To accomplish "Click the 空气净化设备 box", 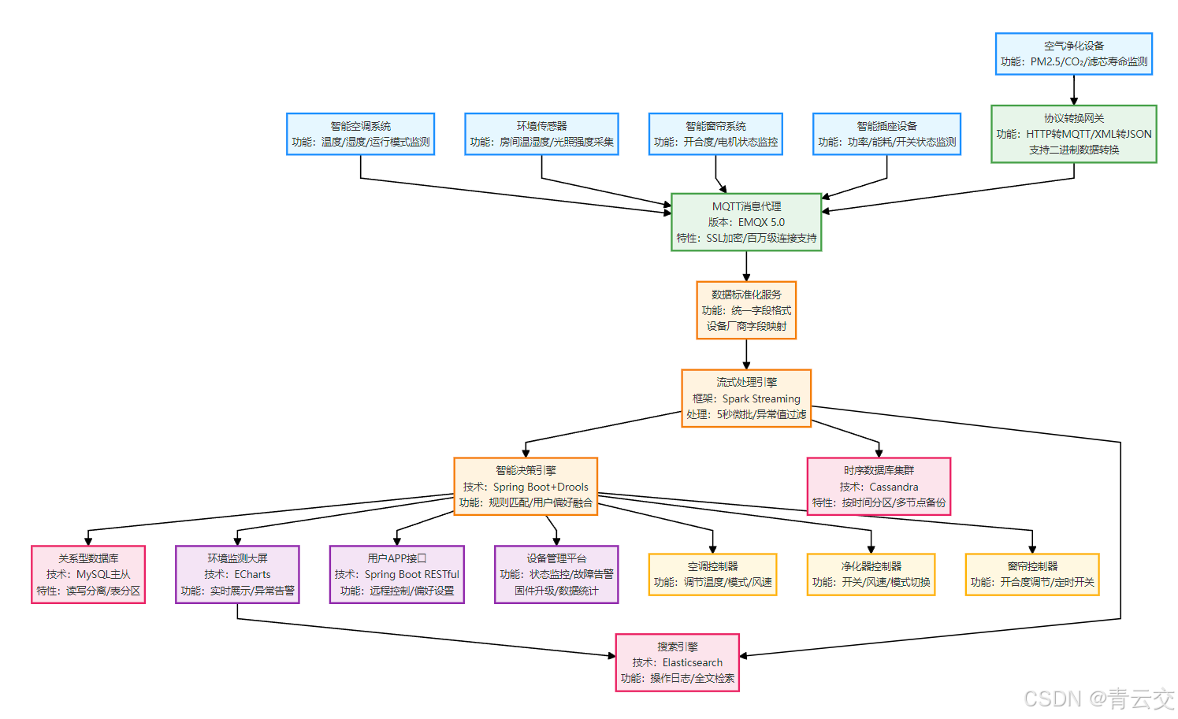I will click(x=1073, y=54).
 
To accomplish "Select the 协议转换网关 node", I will click(x=1073, y=134).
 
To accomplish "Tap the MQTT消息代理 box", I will click(x=746, y=222).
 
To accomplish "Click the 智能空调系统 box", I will click(x=360, y=134).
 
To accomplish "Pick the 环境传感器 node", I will click(x=541, y=134).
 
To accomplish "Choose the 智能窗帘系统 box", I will click(x=715, y=134).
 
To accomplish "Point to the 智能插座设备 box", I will click(x=886, y=134).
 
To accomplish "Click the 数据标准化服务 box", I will click(x=746, y=310).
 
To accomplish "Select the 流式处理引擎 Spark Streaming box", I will click(x=746, y=398).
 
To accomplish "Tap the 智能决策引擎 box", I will click(x=526, y=487).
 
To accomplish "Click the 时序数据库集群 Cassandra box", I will click(x=879, y=487).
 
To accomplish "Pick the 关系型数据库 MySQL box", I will click(x=88, y=575).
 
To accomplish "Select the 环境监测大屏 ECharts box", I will click(x=237, y=575).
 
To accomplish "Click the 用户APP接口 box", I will click(x=396, y=575).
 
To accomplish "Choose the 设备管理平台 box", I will click(x=556, y=575).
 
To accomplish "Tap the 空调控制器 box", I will click(x=712, y=575).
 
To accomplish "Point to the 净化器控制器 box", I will click(x=871, y=575).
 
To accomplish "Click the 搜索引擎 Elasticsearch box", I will click(x=677, y=662).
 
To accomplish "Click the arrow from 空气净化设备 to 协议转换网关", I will click(x=1073, y=90).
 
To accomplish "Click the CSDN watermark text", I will click(x=1098, y=699).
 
